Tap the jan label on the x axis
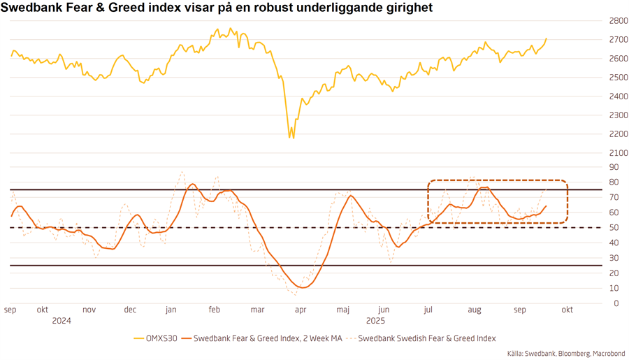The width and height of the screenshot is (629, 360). click(171, 310)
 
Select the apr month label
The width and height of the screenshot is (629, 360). click(300, 310)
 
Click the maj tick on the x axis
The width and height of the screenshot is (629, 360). click(342, 310)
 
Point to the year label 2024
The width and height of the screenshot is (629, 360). click(62, 321)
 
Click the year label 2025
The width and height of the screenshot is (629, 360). click(376, 321)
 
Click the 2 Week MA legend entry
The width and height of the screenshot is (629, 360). click(266, 338)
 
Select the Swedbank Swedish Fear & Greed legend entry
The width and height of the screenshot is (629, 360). click(426, 338)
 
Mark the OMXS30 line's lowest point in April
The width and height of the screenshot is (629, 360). click(293, 138)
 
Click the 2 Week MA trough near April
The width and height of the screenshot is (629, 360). click(301, 287)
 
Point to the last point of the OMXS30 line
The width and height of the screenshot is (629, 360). click(547, 38)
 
